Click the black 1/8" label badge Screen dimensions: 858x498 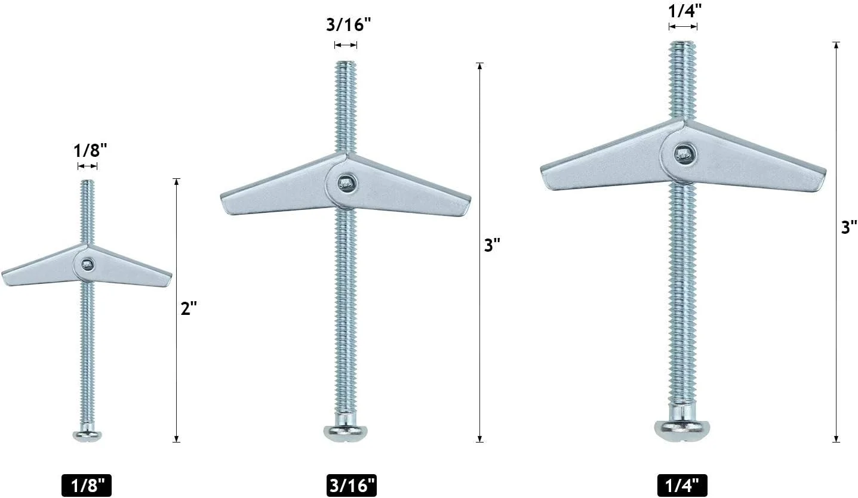pos(87,485)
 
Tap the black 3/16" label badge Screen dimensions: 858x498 pos(352,485)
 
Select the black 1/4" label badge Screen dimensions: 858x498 pos(682,485)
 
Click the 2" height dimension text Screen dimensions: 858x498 pos(189,308)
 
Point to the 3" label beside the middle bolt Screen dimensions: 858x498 pos(492,245)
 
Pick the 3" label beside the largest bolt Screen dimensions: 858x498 pos(848,227)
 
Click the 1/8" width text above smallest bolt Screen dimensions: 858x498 pos(90,150)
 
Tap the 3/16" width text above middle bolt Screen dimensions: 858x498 pos(349,24)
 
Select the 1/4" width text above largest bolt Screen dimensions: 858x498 pos(685,11)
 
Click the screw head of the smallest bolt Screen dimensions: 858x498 pos(87,435)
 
